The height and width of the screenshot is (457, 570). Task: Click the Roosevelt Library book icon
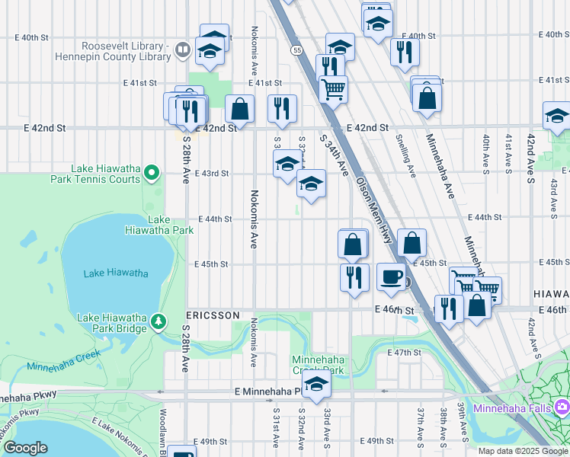(x=182, y=51)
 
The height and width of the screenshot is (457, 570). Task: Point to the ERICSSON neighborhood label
(x=213, y=315)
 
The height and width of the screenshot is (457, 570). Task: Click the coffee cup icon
(x=391, y=276)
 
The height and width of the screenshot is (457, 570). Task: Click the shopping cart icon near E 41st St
(x=333, y=88)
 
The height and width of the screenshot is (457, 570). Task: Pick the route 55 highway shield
(x=296, y=50)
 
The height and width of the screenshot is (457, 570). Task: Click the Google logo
(x=25, y=447)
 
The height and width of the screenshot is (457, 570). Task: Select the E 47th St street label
(x=404, y=353)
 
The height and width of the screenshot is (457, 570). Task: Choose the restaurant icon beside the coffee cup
(x=354, y=276)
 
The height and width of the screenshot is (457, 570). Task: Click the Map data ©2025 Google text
(x=523, y=451)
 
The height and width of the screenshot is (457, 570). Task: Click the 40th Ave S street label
(x=486, y=152)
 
